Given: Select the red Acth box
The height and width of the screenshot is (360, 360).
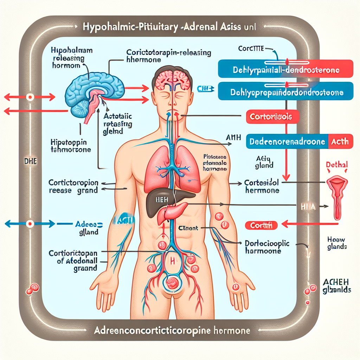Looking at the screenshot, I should [340, 141].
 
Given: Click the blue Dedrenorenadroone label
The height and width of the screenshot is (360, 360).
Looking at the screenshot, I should [288, 141].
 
